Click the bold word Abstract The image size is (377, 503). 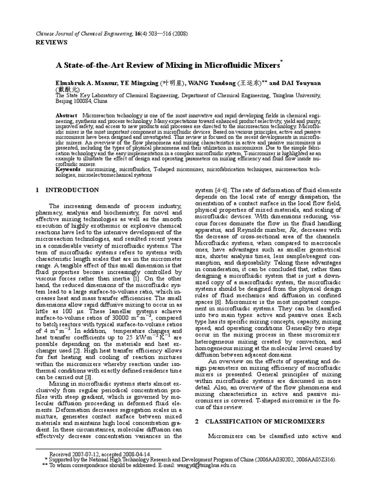(x=66, y=114)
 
